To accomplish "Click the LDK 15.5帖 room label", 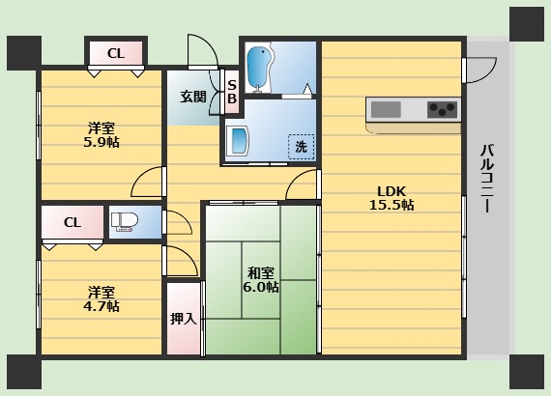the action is pos(391,198).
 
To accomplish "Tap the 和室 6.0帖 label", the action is pos(261,280).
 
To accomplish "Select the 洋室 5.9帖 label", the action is pos(101,135).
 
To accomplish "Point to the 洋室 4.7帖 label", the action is pos(101,299).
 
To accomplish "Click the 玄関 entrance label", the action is pos(193,97).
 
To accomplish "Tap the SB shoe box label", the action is pos(232,92).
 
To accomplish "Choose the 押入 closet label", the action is pos(183,319).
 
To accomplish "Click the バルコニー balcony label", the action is pos(487,179).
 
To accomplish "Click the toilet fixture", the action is pos(124,222).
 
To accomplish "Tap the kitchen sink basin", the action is pos(386,109).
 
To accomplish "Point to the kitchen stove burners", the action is pos(443,109).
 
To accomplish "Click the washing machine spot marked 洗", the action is pos(302,147).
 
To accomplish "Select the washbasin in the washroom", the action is pos(238,141).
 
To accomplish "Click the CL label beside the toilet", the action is pos(72,222).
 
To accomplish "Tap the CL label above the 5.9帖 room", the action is pos(116,54).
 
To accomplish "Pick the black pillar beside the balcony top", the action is pos(527,24).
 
